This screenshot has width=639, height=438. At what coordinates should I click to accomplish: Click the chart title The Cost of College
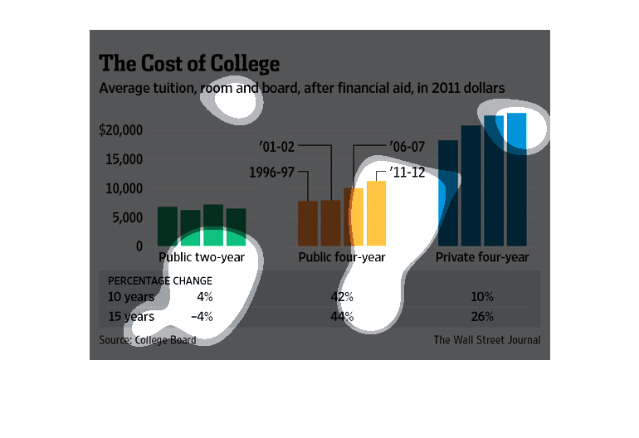pos(190,64)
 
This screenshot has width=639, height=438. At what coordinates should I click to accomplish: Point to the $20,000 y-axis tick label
pos(121,130)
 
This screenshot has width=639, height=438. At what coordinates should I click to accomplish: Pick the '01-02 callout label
pos(276,147)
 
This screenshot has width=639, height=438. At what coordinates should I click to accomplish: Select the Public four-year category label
pos(342,258)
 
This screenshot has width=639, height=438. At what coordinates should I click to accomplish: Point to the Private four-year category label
pos(482,258)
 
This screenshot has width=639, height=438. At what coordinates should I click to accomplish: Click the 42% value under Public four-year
pos(343,296)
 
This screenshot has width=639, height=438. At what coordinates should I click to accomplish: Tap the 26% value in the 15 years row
pos(482,316)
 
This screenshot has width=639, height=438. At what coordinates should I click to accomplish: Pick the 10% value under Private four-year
pos(482,296)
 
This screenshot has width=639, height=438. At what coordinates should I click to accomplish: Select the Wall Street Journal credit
pos(486,340)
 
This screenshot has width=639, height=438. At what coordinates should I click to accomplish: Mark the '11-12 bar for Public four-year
pos(377,213)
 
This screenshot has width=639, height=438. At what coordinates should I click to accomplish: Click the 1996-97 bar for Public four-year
pos(308,223)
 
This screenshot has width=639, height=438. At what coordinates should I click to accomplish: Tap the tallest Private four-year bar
pos(516,178)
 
